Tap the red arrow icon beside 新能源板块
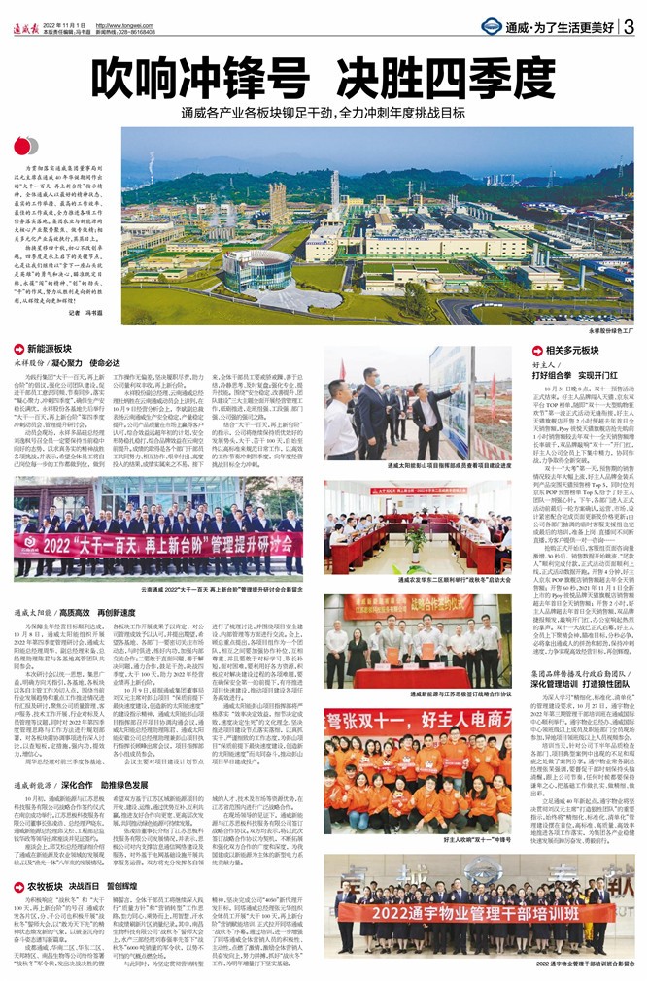20,347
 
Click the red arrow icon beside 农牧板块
20,886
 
